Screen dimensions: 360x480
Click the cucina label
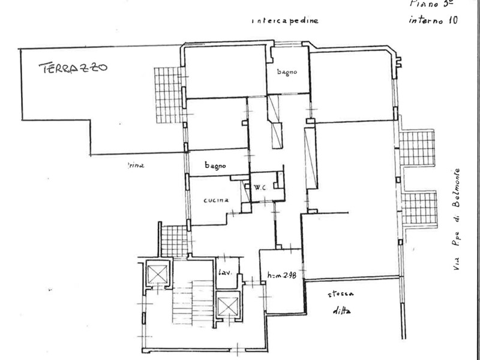click(x=216, y=201)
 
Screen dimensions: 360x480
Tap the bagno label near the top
click(x=287, y=72)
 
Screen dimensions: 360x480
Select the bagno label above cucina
click(x=214, y=166)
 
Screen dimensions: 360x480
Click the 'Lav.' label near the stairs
click(x=225, y=274)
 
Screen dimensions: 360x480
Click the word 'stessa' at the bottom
click(x=340, y=295)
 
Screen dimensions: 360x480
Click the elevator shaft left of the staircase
click(x=157, y=275)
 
